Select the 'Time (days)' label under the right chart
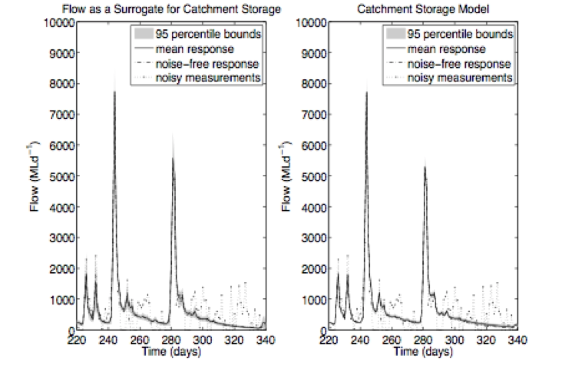pyautogui.click(x=423, y=351)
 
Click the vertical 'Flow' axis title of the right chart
pyautogui.click(x=287, y=176)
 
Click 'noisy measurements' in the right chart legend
pyautogui.click(x=460, y=77)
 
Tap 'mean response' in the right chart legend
pyautogui.click(x=446, y=49)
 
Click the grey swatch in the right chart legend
pyautogui.click(x=395, y=34)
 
